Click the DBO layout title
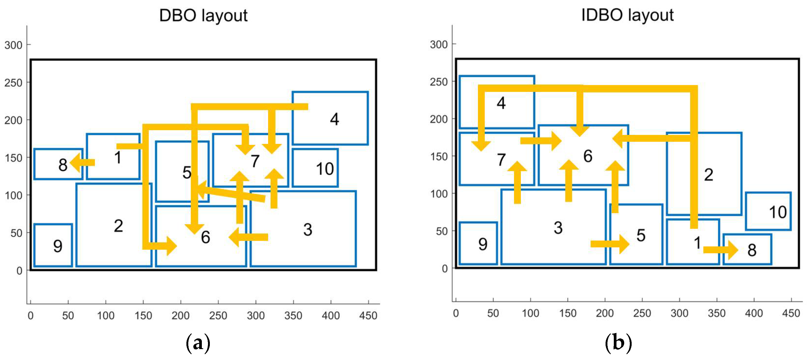(203, 15)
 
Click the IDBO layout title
(627, 15)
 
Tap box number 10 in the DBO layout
(315, 168)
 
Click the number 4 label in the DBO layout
(334, 119)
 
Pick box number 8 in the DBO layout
(58, 164)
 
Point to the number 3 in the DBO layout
(308, 229)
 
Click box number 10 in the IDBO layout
(768, 211)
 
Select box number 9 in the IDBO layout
(478, 244)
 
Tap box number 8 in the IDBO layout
(747, 249)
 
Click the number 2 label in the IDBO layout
(709, 175)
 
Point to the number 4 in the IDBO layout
(501, 103)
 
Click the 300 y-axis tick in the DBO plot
(13, 45)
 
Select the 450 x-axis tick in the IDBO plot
(791, 313)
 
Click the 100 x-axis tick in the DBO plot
(105, 315)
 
